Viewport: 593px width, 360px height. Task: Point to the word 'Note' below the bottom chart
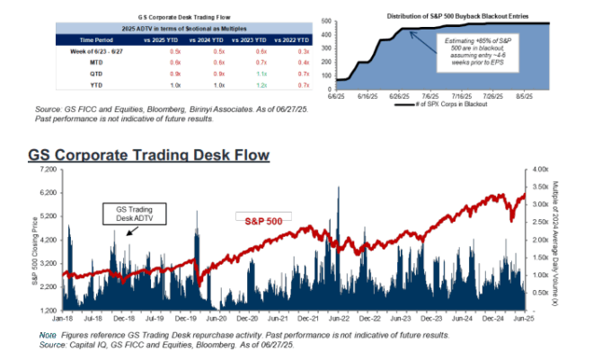(x=46, y=334)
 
